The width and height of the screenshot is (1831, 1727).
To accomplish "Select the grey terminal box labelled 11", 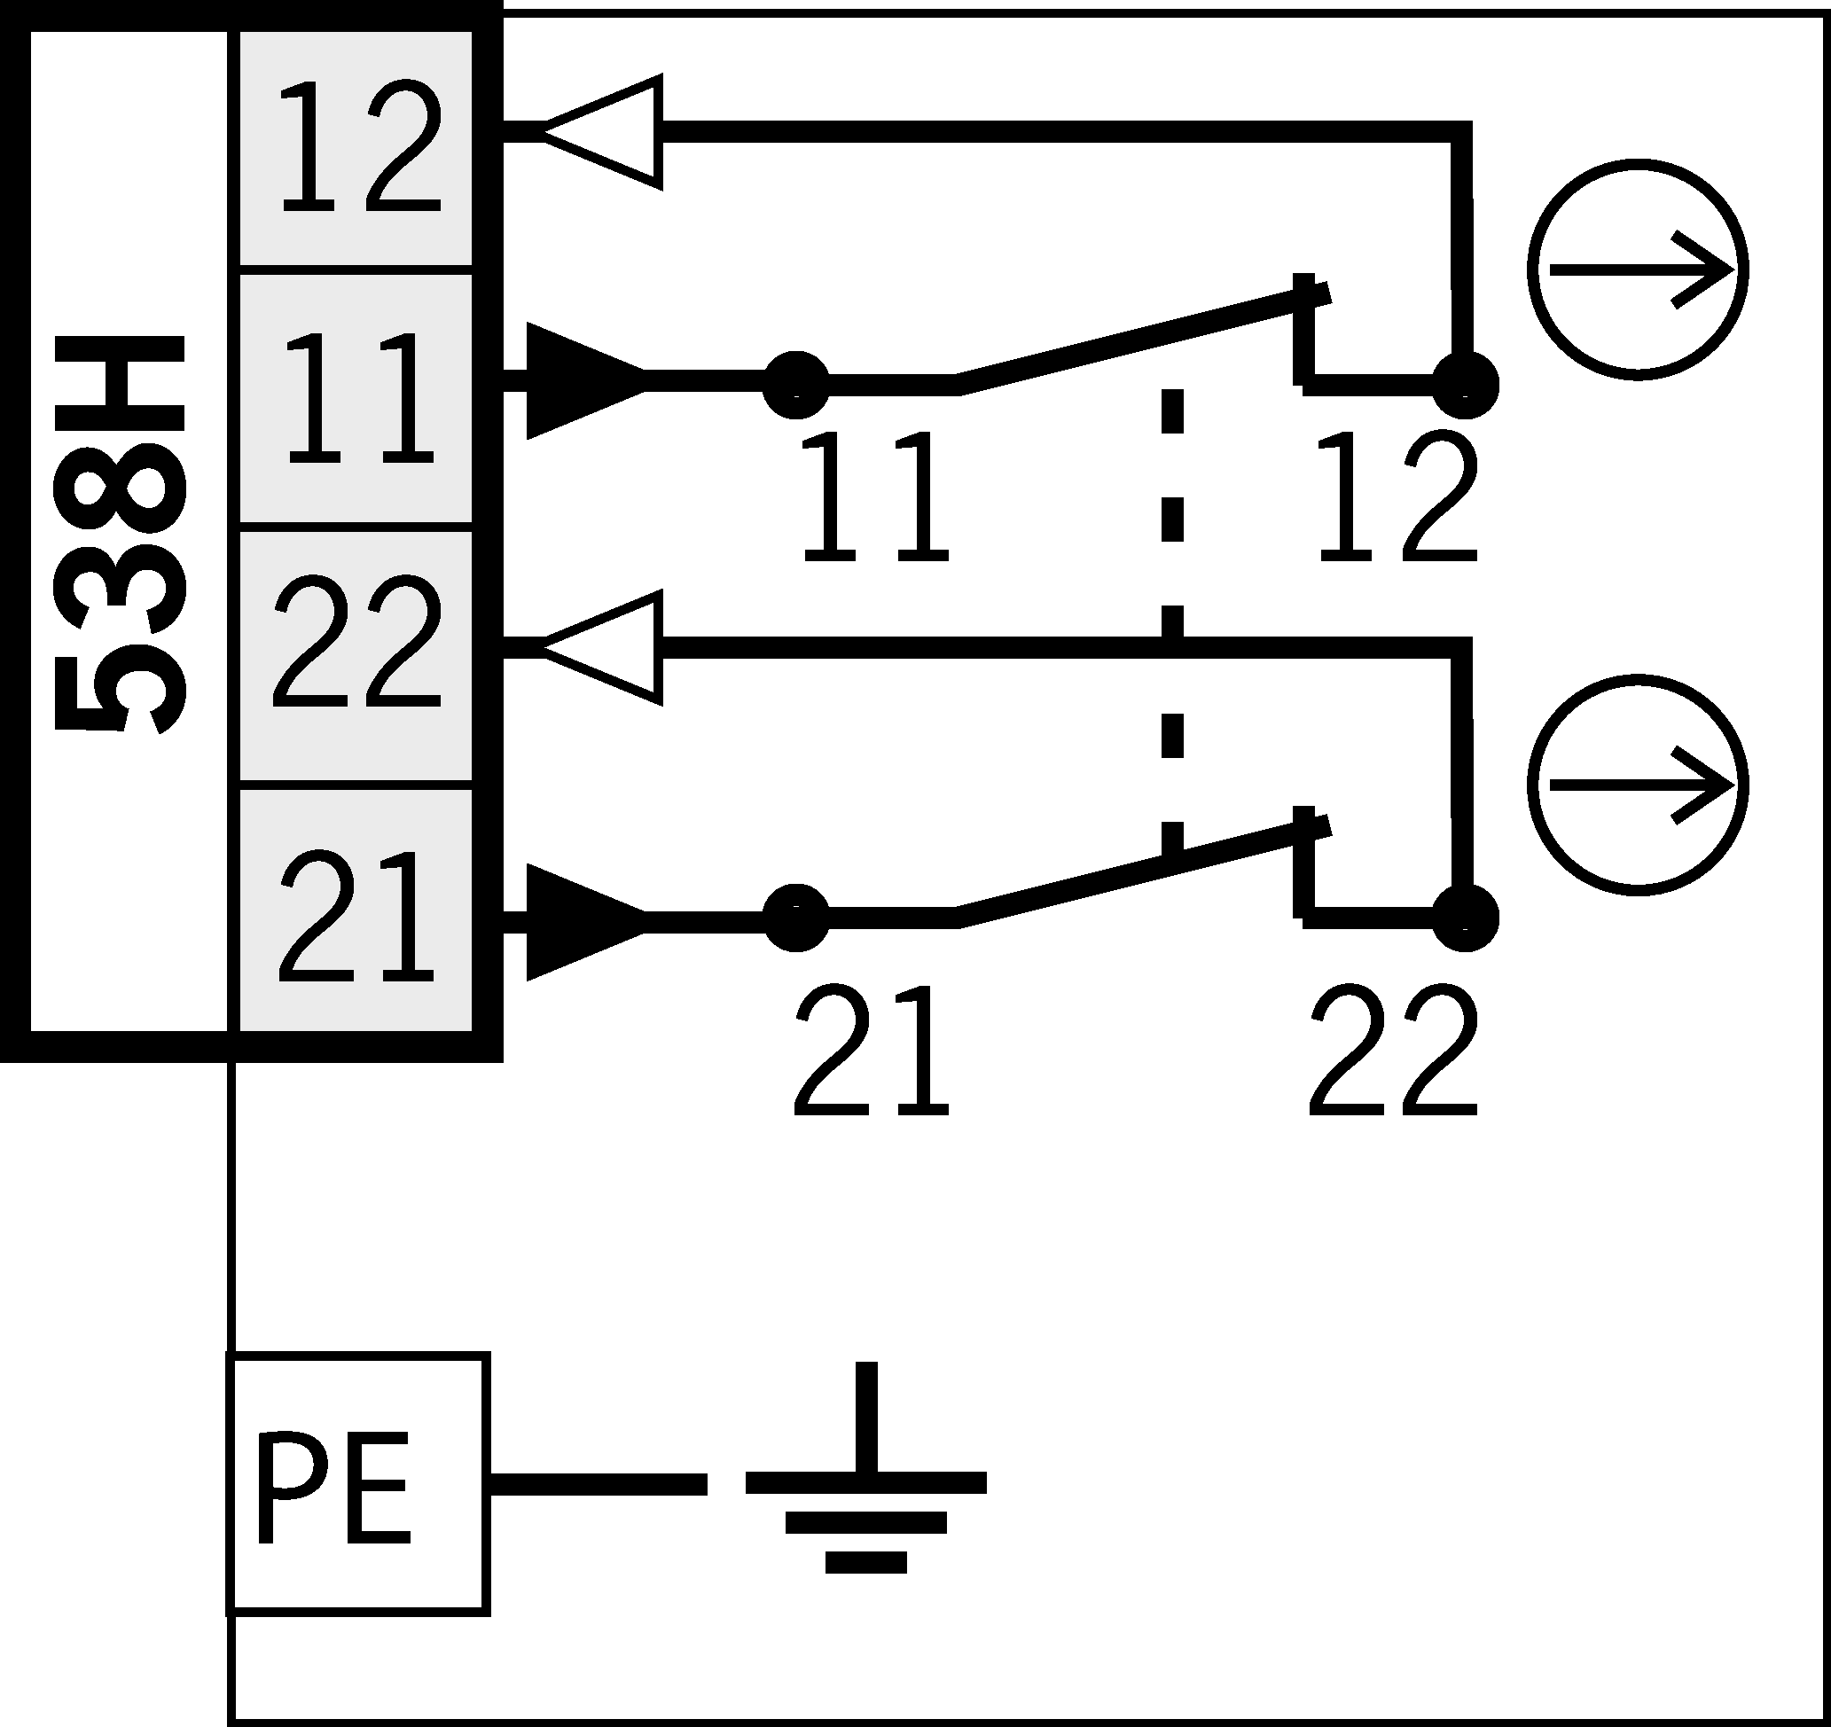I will pos(356,398).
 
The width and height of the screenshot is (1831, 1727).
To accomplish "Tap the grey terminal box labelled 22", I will pos(356,656).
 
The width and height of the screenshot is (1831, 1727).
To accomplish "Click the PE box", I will pos(357,1484).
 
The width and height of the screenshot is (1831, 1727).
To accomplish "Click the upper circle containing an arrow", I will pos(1638,269).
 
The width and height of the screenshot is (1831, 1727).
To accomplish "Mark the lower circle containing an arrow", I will pos(1638,785).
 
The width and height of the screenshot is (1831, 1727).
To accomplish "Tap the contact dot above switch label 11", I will pos(797,383).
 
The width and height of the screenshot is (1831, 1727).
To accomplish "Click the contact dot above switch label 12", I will pos(1466,384).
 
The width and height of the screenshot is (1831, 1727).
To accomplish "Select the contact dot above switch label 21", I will pos(797,918).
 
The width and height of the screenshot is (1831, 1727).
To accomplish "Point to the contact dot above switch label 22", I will pos(1466,918).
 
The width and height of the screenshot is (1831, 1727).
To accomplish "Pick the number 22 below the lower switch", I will pos(1393,1050).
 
